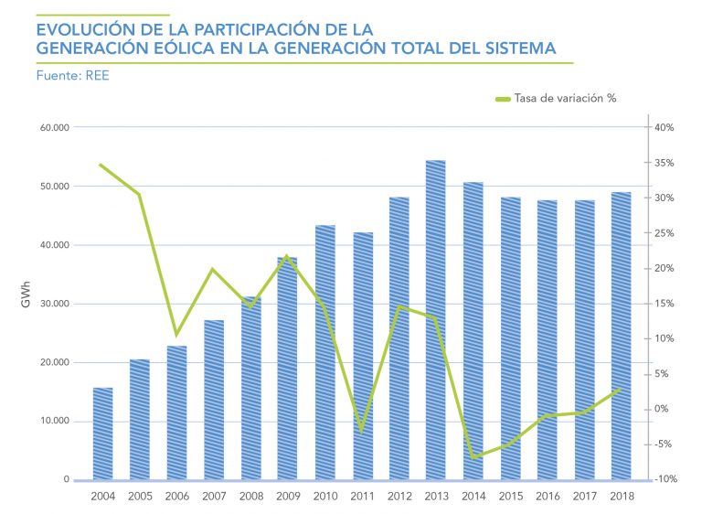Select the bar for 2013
[435, 320]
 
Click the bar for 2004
[102, 434]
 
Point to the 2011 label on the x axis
[361, 496]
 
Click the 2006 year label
[176, 496]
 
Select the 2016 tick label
[547, 496]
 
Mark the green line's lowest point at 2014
[473, 456]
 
